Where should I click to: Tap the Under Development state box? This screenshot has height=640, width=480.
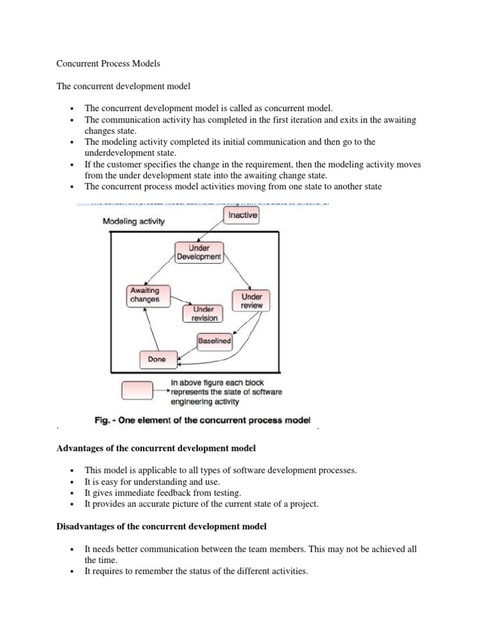[197, 252]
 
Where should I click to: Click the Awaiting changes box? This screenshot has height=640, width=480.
[144, 294]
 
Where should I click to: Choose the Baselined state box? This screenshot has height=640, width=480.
[214, 341]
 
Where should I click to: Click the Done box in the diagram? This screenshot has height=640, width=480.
[157, 359]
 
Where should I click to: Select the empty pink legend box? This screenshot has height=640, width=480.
[136, 391]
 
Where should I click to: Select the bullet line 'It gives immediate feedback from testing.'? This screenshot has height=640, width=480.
[162, 492]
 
